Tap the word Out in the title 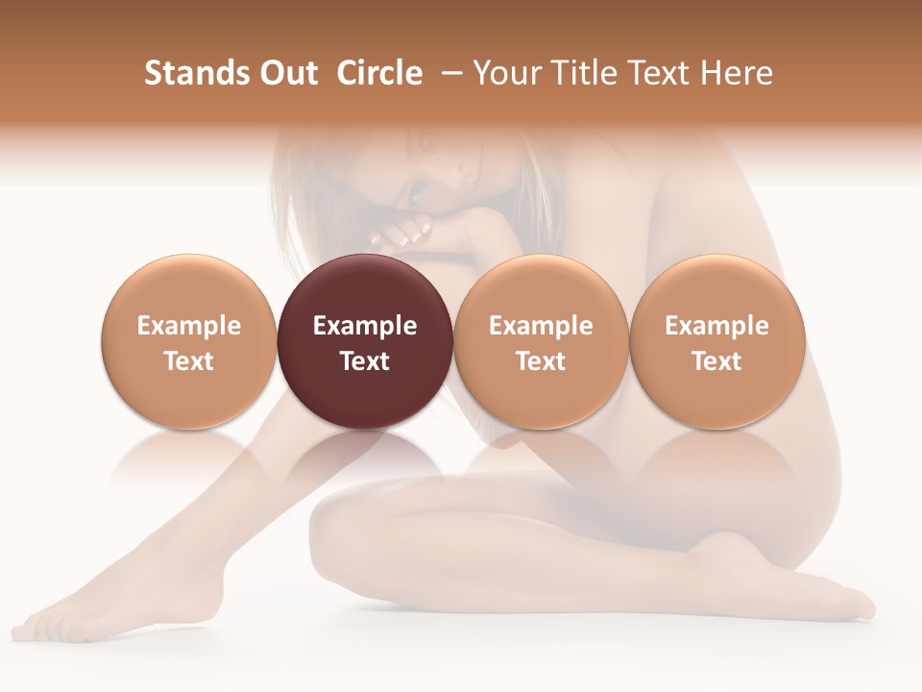[286, 73]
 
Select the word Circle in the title [379, 73]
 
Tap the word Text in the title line [658, 73]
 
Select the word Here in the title [737, 73]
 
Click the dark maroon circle [365, 341]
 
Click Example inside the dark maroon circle [365, 326]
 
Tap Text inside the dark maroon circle [365, 361]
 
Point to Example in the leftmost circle [189, 326]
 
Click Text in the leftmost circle [189, 361]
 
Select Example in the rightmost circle [716, 326]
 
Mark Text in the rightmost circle [716, 361]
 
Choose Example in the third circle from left [541, 326]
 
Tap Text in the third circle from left [541, 361]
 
